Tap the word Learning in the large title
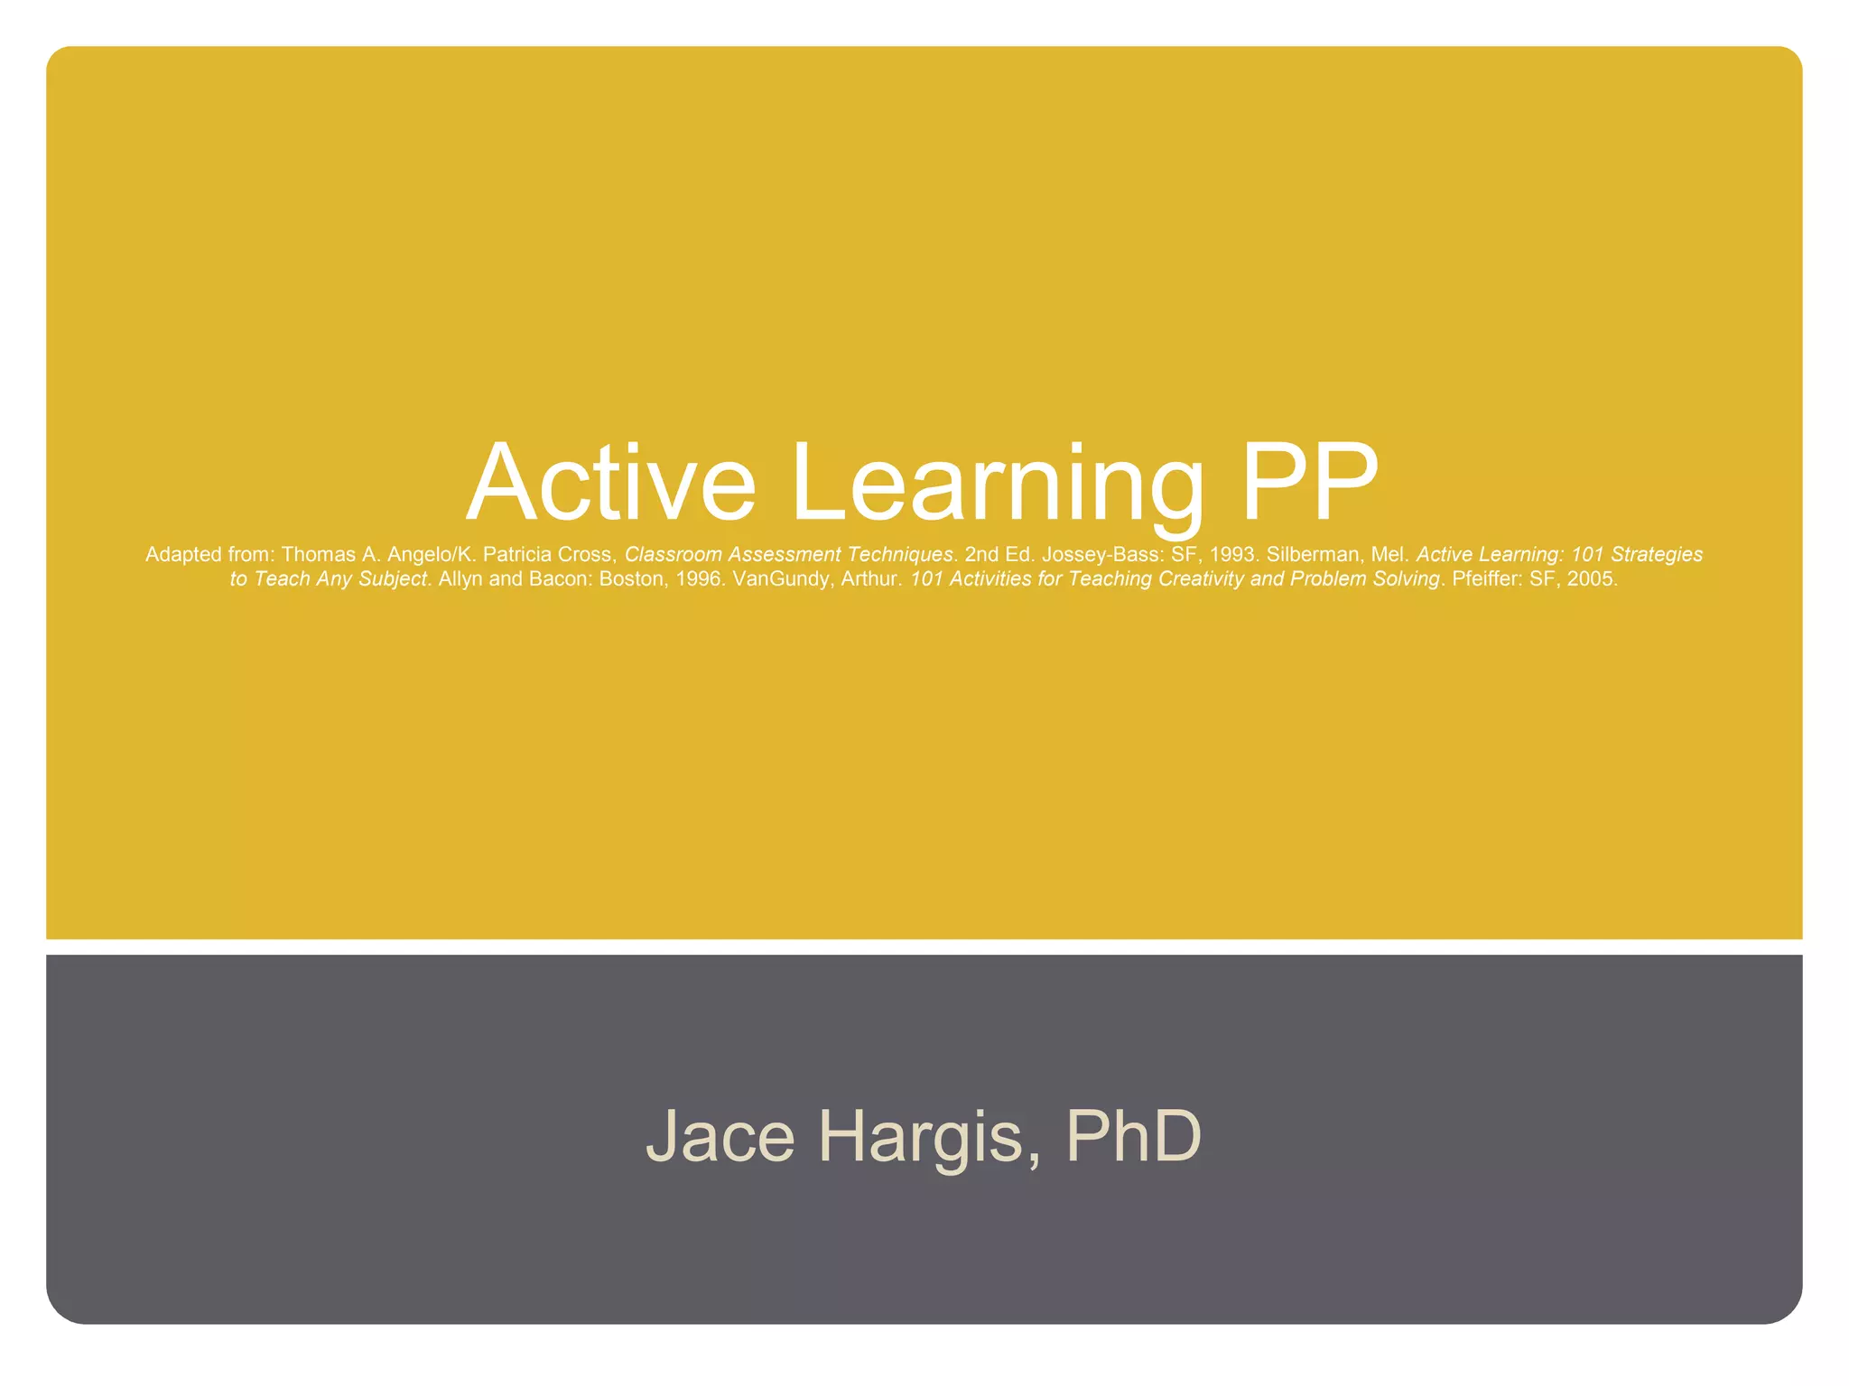(998, 484)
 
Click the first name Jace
(720, 1135)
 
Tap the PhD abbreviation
(1133, 1135)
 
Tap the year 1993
(1232, 555)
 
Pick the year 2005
(1592, 579)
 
